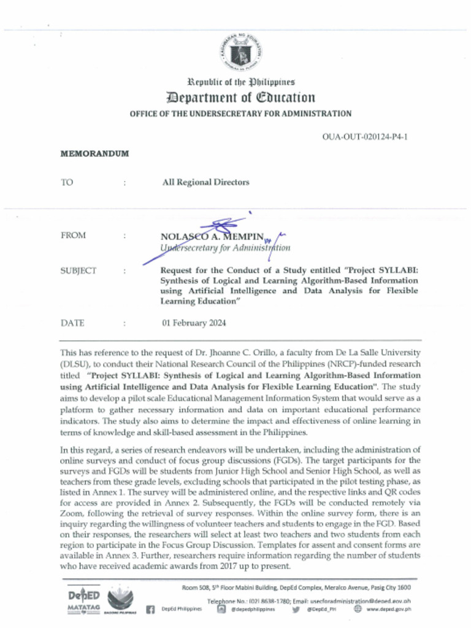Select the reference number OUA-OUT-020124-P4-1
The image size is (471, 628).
pos(364,136)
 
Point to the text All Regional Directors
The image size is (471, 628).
pos(205,182)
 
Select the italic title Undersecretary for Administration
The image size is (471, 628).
pos(225,248)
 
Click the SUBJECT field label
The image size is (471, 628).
pos(78,271)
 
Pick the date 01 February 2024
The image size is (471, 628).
pos(194,323)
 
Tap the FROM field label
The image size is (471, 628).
pos(74,235)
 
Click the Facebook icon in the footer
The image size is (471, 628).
pos(150,609)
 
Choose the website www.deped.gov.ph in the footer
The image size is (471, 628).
pos(388,609)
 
